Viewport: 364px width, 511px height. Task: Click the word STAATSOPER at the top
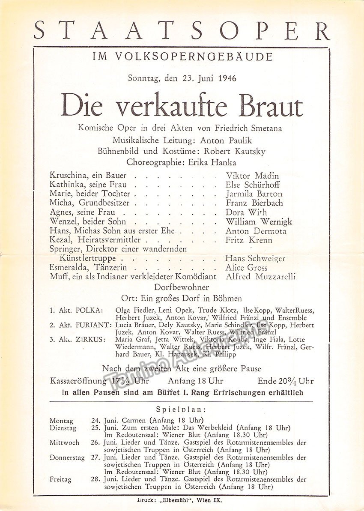[x=182, y=31]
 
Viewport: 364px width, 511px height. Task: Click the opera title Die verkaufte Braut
[x=182, y=105]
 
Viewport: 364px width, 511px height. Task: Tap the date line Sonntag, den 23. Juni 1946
[x=182, y=78]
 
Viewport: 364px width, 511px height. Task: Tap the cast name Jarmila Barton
[x=254, y=194]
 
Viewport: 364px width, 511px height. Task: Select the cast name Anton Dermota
[x=256, y=231]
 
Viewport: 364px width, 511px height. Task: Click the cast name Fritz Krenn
[x=248, y=240]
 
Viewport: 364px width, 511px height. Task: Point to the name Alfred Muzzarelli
[x=260, y=277]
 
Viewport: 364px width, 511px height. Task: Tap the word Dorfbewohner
[x=182, y=287]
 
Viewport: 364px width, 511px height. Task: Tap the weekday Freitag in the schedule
[x=60, y=479]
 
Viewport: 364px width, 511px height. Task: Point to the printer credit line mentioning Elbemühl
[x=182, y=499]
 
